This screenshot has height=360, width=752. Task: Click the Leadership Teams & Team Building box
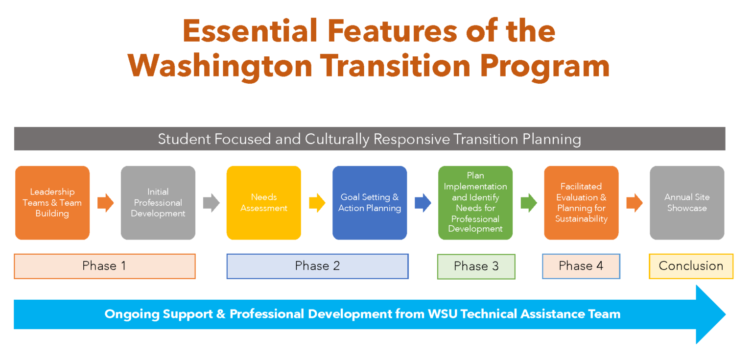(x=52, y=203)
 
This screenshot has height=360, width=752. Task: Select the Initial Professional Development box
(x=158, y=203)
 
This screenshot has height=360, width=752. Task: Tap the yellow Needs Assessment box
(x=264, y=203)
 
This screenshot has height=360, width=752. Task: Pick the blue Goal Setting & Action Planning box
(x=370, y=203)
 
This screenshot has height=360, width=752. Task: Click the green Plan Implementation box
(x=475, y=203)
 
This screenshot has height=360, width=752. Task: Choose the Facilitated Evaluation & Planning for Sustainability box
(x=581, y=203)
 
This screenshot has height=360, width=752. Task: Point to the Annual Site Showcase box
(x=687, y=203)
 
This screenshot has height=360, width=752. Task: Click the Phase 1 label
(x=104, y=266)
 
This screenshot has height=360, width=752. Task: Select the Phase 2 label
(x=317, y=266)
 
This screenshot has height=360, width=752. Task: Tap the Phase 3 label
(x=476, y=266)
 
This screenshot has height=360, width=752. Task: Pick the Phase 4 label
(x=581, y=266)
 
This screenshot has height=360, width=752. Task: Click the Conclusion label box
(x=691, y=266)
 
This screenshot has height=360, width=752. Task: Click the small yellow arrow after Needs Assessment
(x=317, y=203)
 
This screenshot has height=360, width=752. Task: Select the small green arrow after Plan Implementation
(x=529, y=203)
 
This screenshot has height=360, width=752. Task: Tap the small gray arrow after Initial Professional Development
(x=211, y=203)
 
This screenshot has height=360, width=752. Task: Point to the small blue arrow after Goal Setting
(x=423, y=203)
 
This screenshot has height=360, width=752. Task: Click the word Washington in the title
(x=220, y=66)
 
